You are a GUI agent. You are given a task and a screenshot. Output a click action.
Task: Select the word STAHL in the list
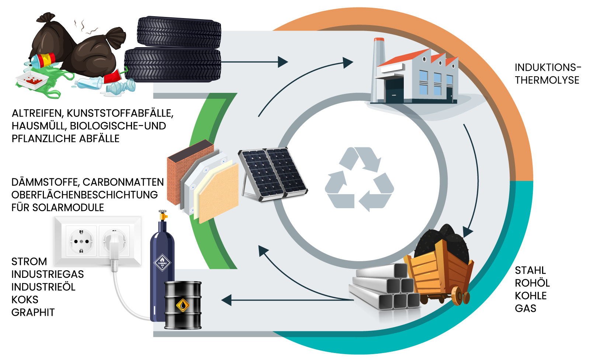pyautogui.click(x=530, y=270)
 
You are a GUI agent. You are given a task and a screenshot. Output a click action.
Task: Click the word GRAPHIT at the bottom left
pyautogui.click(x=33, y=312)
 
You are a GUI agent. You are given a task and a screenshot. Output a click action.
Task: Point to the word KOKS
pyautogui.click(x=25, y=300)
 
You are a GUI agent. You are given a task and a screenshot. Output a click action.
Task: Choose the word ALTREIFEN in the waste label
pyautogui.click(x=37, y=113)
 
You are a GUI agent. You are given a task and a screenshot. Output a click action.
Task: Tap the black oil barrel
pyautogui.click(x=183, y=305)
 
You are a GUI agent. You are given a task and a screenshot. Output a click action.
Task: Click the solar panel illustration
pyautogui.click(x=273, y=173)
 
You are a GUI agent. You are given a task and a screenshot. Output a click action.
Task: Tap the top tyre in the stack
pyautogui.click(x=179, y=32)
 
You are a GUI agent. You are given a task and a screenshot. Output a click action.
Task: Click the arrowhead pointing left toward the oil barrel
pyautogui.click(x=226, y=300)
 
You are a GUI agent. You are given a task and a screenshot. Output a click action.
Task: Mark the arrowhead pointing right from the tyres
pyautogui.click(x=282, y=62)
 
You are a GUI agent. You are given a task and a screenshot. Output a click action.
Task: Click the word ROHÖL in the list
pyautogui.click(x=532, y=283)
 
